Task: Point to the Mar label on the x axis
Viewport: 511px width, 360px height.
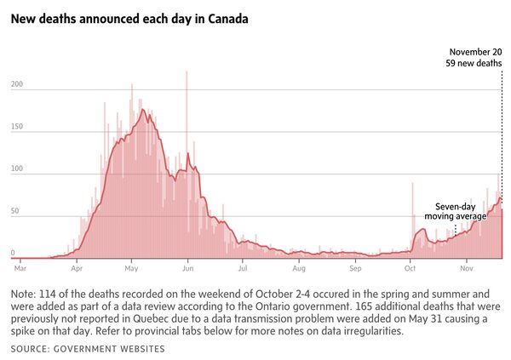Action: click(x=20, y=268)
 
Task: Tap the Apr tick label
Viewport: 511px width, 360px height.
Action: click(x=78, y=268)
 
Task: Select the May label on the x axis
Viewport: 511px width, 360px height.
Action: click(x=131, y=268)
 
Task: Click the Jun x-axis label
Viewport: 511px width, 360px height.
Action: click(x=188, y=268)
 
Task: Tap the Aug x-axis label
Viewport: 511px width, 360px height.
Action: click(x=298, y=268)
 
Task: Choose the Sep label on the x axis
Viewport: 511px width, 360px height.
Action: click(x=354, y=268)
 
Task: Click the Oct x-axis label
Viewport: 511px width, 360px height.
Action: click(x=411, y=268)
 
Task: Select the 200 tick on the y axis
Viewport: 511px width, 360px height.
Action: click(x=17, y=85)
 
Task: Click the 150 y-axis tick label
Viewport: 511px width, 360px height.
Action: click(x=17, y=127)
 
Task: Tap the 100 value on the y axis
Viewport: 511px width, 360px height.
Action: click(x=17, y=169)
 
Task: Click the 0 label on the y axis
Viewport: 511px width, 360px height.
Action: click(x=13, y=253)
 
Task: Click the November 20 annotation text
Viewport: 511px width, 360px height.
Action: click(x=476, y=52)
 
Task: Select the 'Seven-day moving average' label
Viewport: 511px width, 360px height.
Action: click(x=455, y=212)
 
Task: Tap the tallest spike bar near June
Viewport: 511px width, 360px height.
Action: click(x=187, y=77)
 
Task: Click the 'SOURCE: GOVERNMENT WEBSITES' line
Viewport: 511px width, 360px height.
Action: click(x=88, y=349)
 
